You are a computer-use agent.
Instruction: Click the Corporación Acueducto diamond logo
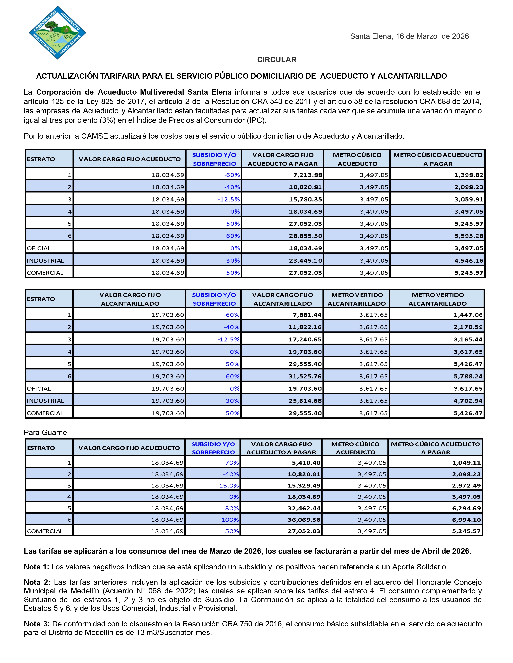pyautogui.click(x=58, y=33)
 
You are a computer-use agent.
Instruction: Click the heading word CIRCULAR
pyautogui.click(x=277, y=60)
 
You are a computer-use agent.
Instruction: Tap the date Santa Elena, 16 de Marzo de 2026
pyautogui.click(x=409, y=36)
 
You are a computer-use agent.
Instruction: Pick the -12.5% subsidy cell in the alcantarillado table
pyautogui.click(x=228, y=339)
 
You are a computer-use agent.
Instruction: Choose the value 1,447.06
pyautogui.click(x=468, y=315)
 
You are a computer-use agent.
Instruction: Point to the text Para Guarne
pyautogui.click(x=45, y=432)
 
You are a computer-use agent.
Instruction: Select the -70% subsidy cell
pyautogui.click(x=231, y=463)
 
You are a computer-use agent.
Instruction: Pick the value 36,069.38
pyautogui.click(x=304, y=520)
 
